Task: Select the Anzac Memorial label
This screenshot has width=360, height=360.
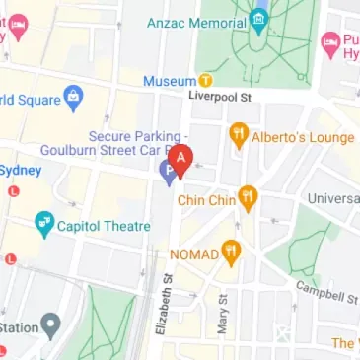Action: point(193,20)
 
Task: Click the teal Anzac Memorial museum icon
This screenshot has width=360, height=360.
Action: point(258,20)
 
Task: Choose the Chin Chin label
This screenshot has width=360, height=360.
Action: point(206,200)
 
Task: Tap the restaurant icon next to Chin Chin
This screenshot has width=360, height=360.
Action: point(248,200)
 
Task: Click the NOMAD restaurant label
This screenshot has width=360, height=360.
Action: point(193,253)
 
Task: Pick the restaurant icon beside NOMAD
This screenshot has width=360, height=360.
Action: point(231,253)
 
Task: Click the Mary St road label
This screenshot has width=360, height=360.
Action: point(223,316)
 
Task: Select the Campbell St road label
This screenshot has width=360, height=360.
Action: point(326,292)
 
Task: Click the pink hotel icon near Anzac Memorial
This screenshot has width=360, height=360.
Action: point(330,42)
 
